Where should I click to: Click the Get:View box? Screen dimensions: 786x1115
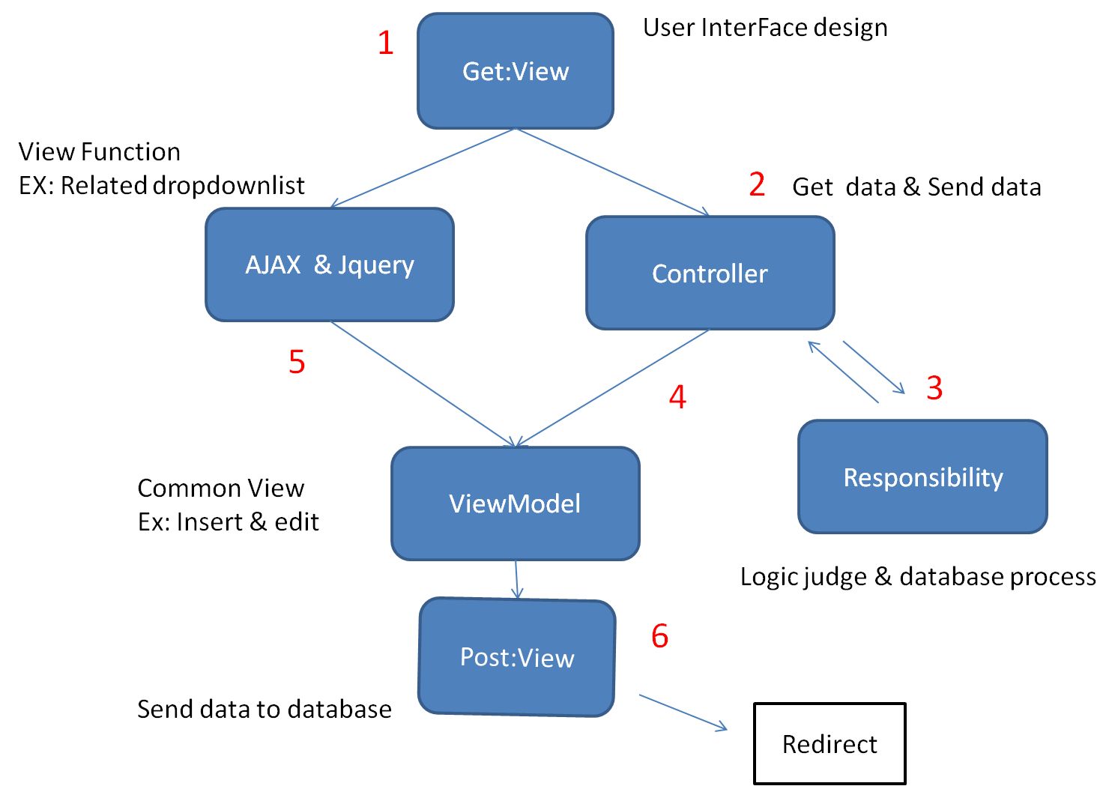516,71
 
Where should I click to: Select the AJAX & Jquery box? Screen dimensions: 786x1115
330,264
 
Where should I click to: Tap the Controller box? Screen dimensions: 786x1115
710,273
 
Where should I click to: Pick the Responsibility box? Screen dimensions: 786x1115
922,477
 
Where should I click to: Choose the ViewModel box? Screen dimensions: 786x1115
516,504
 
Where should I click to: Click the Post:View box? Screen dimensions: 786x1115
517,657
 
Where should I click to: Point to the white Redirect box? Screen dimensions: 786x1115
830,744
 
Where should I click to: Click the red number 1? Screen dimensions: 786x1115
386,43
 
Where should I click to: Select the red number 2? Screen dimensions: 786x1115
757,184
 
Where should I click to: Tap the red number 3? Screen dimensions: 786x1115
934,387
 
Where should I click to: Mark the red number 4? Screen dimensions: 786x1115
677,397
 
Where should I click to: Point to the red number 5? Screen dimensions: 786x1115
297,362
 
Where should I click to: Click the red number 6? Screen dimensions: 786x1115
659,636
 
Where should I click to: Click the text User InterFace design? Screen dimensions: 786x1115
765,28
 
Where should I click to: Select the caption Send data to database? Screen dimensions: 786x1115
265,709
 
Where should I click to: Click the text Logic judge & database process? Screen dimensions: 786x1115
918,576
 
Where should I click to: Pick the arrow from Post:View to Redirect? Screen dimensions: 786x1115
683,712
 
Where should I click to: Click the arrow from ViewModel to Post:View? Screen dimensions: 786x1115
516,578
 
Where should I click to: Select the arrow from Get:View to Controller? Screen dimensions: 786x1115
612,172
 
